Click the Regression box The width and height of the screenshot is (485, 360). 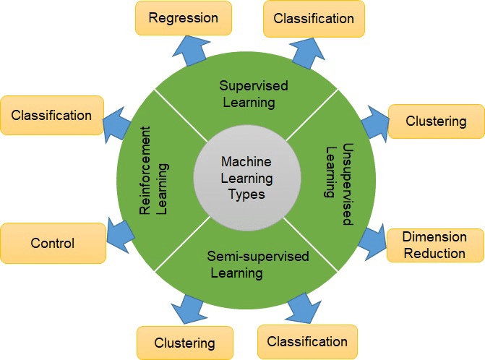click(x=183, y=18)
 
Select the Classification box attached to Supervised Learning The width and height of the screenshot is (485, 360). click(x=314, y=19)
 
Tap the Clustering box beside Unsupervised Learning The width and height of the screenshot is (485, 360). click(x=436, y=121)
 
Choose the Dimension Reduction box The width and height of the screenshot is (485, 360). click(x=434, y=245)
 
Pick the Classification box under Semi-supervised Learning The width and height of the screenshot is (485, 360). click(x=307, y=341)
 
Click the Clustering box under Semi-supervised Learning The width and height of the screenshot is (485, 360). click(x=185, y=343)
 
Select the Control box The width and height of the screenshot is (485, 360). click(x=52, y=244)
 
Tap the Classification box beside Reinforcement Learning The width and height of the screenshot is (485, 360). click(x=51, y=115)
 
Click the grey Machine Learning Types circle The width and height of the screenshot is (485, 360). click(x=247, y=178)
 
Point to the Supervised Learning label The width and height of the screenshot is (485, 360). click(x=254, y=94)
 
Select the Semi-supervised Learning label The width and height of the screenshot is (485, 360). click(x=247, y=265)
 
